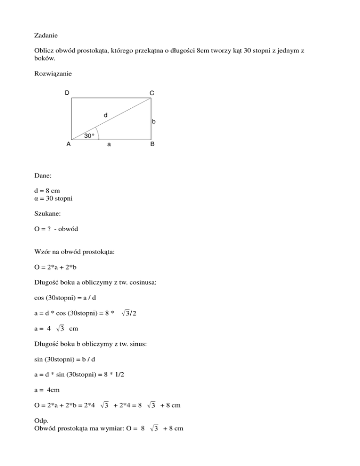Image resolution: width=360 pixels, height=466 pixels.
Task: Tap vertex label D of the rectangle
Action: pos(67,93)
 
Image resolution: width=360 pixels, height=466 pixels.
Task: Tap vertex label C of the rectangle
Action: pos(152,93)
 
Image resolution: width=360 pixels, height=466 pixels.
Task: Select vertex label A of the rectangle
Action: pos(68,144)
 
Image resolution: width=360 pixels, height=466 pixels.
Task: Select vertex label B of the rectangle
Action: pos(152,145)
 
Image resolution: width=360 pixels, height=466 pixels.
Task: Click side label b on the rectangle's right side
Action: pos(153,122)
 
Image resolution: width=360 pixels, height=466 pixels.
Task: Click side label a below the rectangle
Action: pos(109,145)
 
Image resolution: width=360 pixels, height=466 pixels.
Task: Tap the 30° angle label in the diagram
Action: pos(89,136)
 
